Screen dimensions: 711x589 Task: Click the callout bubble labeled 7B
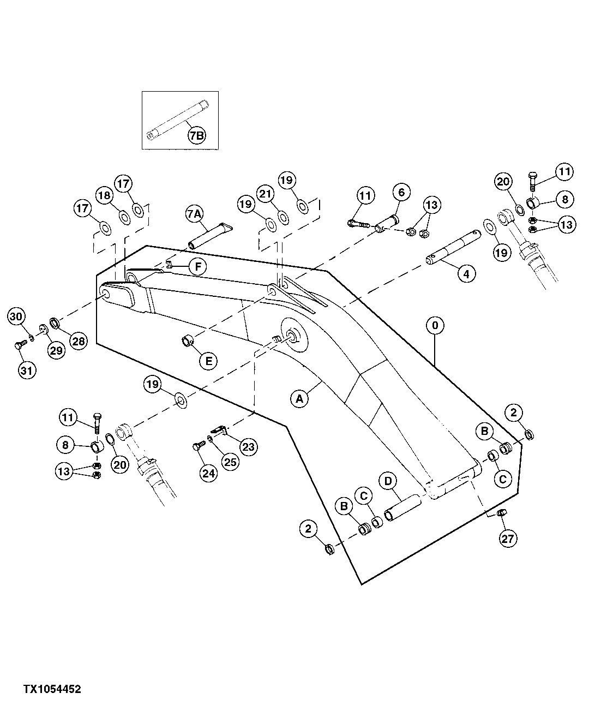196,136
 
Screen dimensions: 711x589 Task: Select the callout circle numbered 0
435,326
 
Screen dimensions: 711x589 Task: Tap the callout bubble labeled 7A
195,214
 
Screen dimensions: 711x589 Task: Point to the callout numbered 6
401,192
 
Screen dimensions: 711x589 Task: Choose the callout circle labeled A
299,399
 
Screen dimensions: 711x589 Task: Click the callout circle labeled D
388,481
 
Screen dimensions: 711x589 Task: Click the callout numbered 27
507,539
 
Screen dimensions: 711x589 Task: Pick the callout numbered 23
248,447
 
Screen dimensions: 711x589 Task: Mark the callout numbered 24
209,473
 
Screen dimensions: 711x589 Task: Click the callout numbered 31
27,371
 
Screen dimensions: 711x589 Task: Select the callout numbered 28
79,342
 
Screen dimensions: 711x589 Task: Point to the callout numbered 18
104,195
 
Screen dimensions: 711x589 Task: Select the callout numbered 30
17,316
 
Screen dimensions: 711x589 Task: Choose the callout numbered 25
231,463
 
